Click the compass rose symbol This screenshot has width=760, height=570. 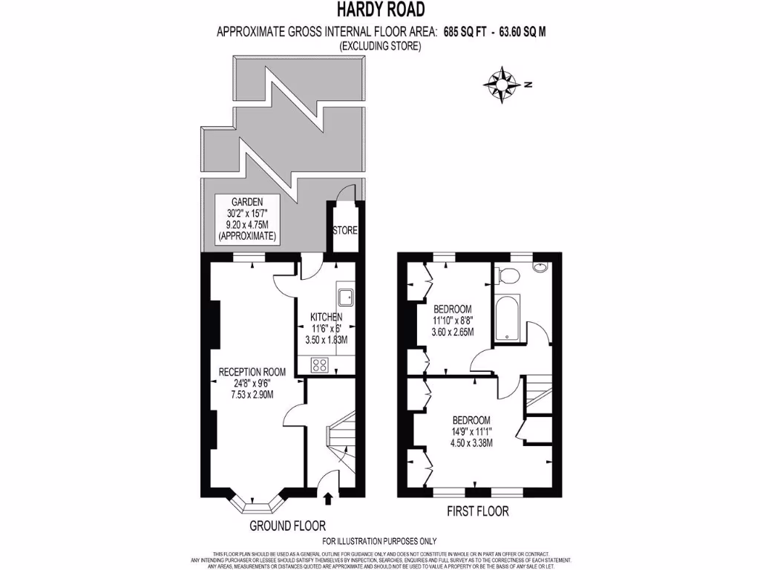(x=503, y=85)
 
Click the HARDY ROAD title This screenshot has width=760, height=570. (x=380, y=10)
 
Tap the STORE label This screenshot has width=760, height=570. (x=345, y=231)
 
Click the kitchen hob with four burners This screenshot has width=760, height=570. (x=321, y=364)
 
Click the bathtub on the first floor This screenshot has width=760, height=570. (x=508, y=316)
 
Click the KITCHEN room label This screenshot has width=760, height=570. (x=327, y=318)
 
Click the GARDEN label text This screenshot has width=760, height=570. (x=244, y=201)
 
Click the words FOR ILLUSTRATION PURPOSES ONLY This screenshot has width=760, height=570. (x=379, y=541)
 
